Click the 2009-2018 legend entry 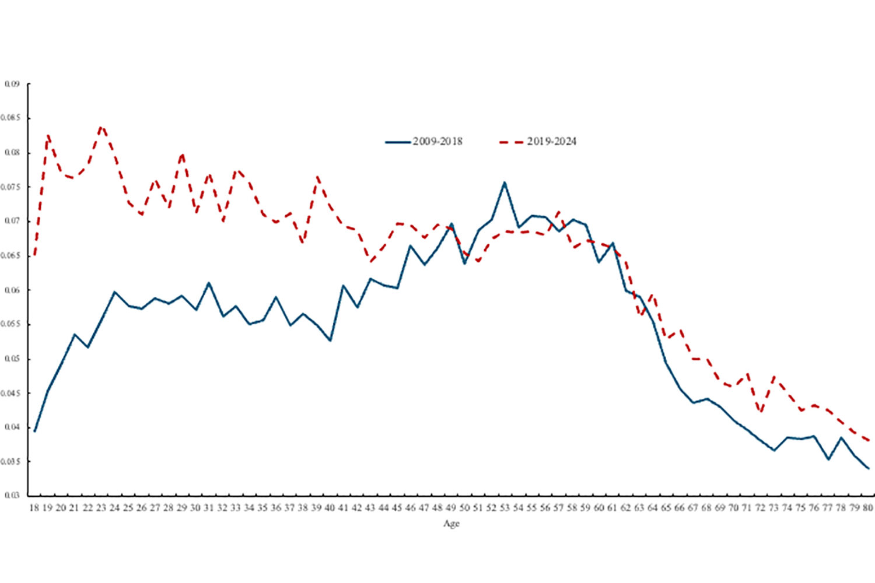pyautogui.click(x=424, y=142)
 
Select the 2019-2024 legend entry pyautogui.click(x=538, y=142)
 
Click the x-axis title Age pyautogui.click(x=452, y=524)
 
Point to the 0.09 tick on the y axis pyautogui.click(x=12, y=84)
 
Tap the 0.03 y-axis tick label pyautogui.click(x=12, y=496)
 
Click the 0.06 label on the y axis pyautogui.click(x=12, y=290)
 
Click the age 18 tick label pyautogui.click(x=34, y=508)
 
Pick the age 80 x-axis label pyautogui.click(x=867, y=508)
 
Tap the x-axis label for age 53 pyautogui.click(x=505, y=508)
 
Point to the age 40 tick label pyautogui.click(x=330, y=508)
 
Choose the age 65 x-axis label pyautogui.click(x=666, y=508)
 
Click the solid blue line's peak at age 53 pyautogui.click(x=505, y=182)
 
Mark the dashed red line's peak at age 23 pyautogui.click(x=101, y=126)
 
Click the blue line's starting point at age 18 pyautogui.click(x=34, y=431)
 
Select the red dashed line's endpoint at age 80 pyautogui.click(x=869, y=440)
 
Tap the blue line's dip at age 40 pyautogui.click(x=330, y=340)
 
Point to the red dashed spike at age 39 pyautogui.click(x=317, y=177)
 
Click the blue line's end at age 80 pyautogui.click(x=869, y=468)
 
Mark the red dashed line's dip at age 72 pyautogui.click(x=761, y=412)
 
